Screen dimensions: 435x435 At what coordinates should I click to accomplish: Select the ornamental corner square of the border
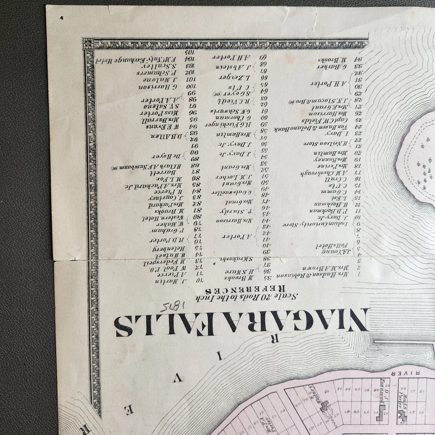coord(88,43)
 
